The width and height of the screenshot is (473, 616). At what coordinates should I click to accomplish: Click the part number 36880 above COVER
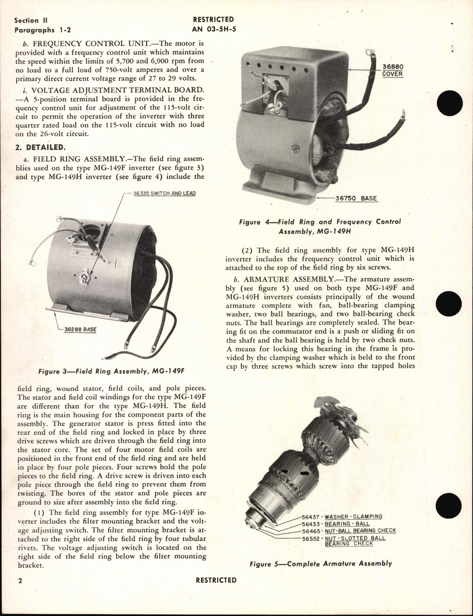pyautogui.click(x=392, y=67)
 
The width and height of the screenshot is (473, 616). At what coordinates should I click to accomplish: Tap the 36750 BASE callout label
pyautogui.click(x=356, y=198)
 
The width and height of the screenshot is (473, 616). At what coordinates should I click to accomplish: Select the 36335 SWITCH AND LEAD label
pyautogui.click(x=164, y=193)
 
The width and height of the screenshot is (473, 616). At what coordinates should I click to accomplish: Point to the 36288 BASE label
pyautogui.click(x=80, y=329)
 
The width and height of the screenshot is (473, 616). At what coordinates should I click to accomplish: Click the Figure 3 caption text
pyautogui.click(x=111, y=371)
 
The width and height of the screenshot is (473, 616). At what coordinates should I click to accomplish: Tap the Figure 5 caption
pyautogui.click(x=321, y=564)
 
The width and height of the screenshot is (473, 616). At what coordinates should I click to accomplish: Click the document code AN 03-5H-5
pyautogui.click(x=214, y=28)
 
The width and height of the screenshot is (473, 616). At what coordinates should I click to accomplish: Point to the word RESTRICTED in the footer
pyautogui.click(x=216, y=580)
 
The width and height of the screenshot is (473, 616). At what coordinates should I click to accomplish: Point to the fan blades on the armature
pyautogui.click(x=319, y=409)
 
